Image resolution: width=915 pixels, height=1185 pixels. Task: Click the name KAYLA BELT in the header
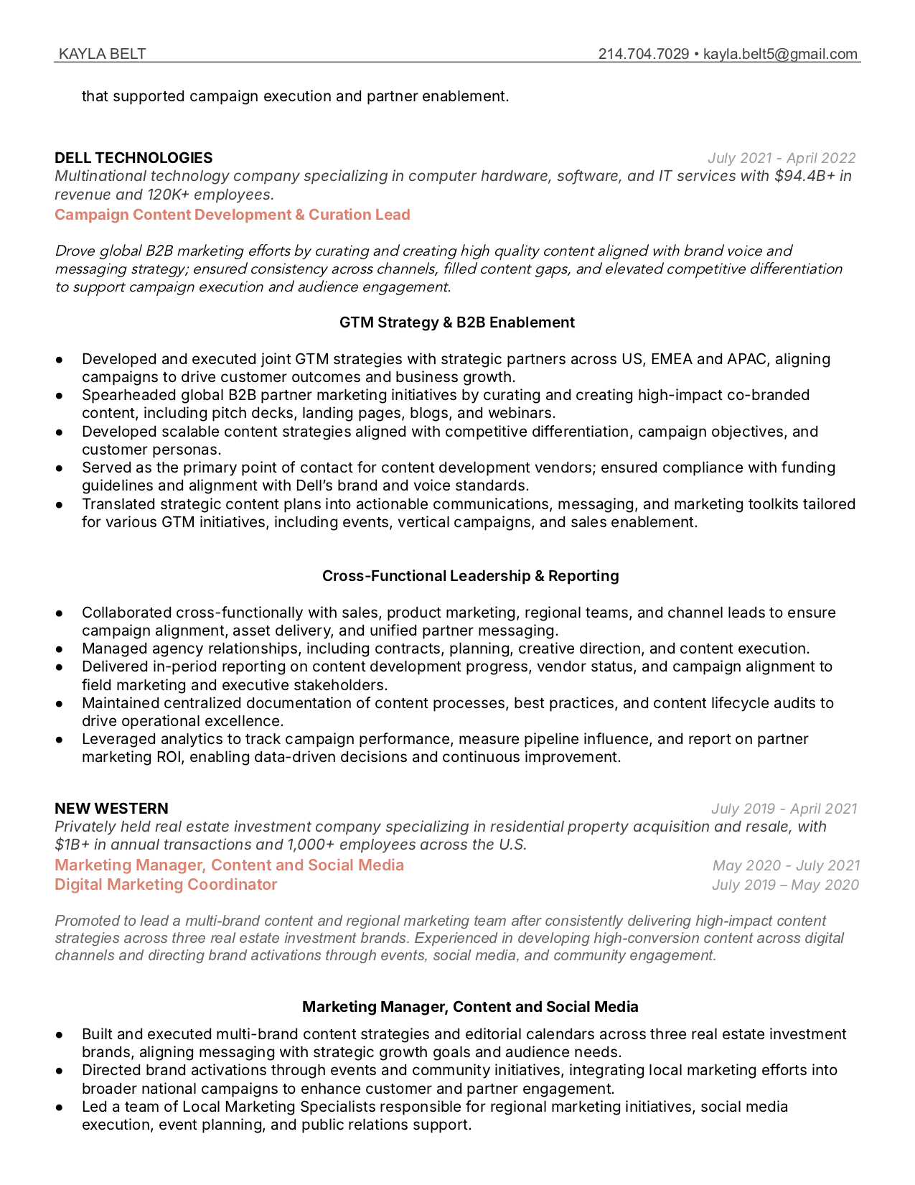(102, 54)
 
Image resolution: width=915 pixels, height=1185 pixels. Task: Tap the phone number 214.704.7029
(643, 54)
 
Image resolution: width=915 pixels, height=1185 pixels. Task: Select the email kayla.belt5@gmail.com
(780, 54)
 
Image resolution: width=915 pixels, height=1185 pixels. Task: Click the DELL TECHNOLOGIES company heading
(133, 158)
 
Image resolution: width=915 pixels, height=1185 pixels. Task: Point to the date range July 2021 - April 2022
(782, 158)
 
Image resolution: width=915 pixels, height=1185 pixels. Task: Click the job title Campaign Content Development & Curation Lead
(233, 215)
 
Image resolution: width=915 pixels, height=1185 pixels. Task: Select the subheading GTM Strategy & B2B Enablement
(457, 322)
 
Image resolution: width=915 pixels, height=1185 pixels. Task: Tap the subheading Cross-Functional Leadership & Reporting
(470, 576)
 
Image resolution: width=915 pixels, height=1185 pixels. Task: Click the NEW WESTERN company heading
(111, 809)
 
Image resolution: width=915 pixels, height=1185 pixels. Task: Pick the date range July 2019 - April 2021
(784, 809)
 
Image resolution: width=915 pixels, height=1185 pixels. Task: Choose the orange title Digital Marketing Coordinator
(166, 885)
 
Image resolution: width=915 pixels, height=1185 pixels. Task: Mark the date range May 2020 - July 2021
(786, 866)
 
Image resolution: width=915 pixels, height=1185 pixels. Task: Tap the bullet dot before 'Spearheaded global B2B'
(60, 396)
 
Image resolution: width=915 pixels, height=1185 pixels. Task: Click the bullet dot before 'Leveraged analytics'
(60, 740)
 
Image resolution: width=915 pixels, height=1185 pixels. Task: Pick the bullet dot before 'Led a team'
(60, 1107)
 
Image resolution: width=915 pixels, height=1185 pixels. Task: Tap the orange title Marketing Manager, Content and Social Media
(229, 865)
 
